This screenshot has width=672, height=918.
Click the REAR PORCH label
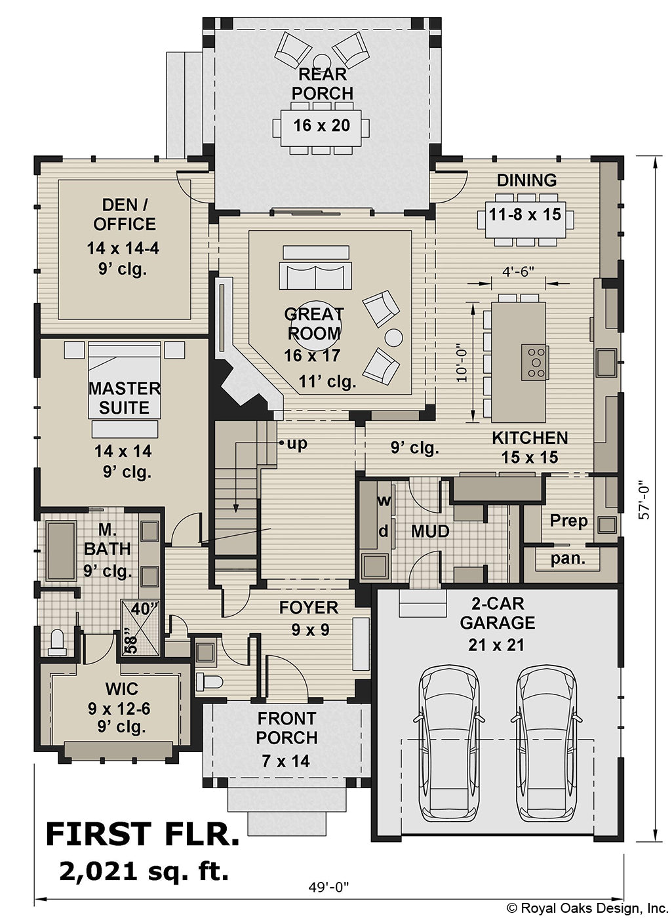point(322,84)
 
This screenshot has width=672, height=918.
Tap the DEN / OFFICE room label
point(125,214)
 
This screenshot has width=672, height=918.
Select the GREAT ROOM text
point(313,324)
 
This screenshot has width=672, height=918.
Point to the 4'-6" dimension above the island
point(518,270)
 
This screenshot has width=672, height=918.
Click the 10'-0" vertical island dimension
point(462,363)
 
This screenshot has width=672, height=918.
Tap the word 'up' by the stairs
point(297,444)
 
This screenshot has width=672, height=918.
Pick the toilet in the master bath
point(57,641)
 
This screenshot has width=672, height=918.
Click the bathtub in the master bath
point(60,551)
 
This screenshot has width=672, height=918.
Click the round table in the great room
point(393,338)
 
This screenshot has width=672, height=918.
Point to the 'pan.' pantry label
point(568,559)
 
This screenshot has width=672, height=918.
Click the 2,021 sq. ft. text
point(144,871)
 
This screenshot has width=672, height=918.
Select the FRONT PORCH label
point(287,728)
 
